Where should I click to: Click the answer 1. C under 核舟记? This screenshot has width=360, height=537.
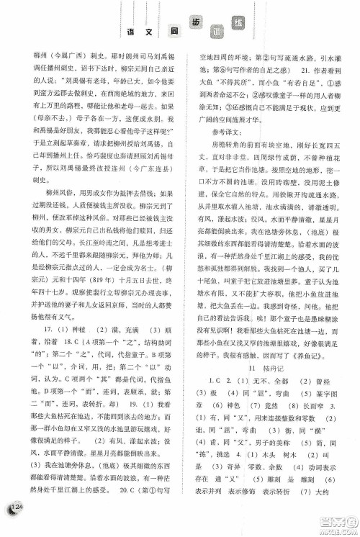[211, 401]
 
